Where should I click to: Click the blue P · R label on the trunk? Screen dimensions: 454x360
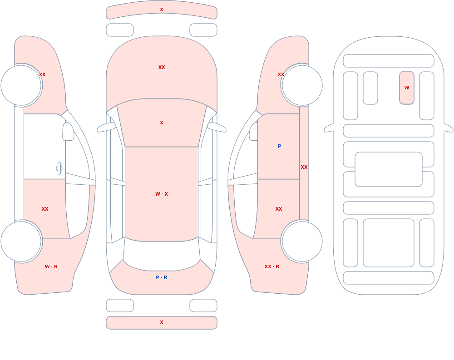[x=162, y=277]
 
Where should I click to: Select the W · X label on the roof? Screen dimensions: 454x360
[x=162, y=194]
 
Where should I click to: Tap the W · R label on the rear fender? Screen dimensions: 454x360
[x=51, y=266]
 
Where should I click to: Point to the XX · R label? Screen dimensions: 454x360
[x=272, y=266]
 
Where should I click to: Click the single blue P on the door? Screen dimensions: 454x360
[x=279, y=146]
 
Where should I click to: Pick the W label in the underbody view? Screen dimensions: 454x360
[x=407, y=88]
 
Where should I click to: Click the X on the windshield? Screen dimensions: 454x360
[x=162, y=123]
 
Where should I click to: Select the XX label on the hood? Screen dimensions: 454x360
[x=162, y=67]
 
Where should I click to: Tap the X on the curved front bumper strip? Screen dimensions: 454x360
[x=162, y=10]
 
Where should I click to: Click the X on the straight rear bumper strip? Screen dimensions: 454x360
[x=162, y=322]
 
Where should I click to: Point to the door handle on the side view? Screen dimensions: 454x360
[x=59, y=168]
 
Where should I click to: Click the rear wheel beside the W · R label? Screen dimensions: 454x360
[x=21, y=241]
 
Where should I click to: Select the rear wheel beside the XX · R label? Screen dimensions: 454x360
[x=302, y=241]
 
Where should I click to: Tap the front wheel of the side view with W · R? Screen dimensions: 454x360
[x=21, y=85]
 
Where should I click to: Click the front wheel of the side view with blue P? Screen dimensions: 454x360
[x=302, y=85]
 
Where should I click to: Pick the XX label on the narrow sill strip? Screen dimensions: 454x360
[x=304, y=167]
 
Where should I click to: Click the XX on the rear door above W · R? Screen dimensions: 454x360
[x=45, y=209]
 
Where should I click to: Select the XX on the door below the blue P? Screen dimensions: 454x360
[x=279, y=209]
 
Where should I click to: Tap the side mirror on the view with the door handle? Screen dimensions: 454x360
[x=68, y=132]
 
